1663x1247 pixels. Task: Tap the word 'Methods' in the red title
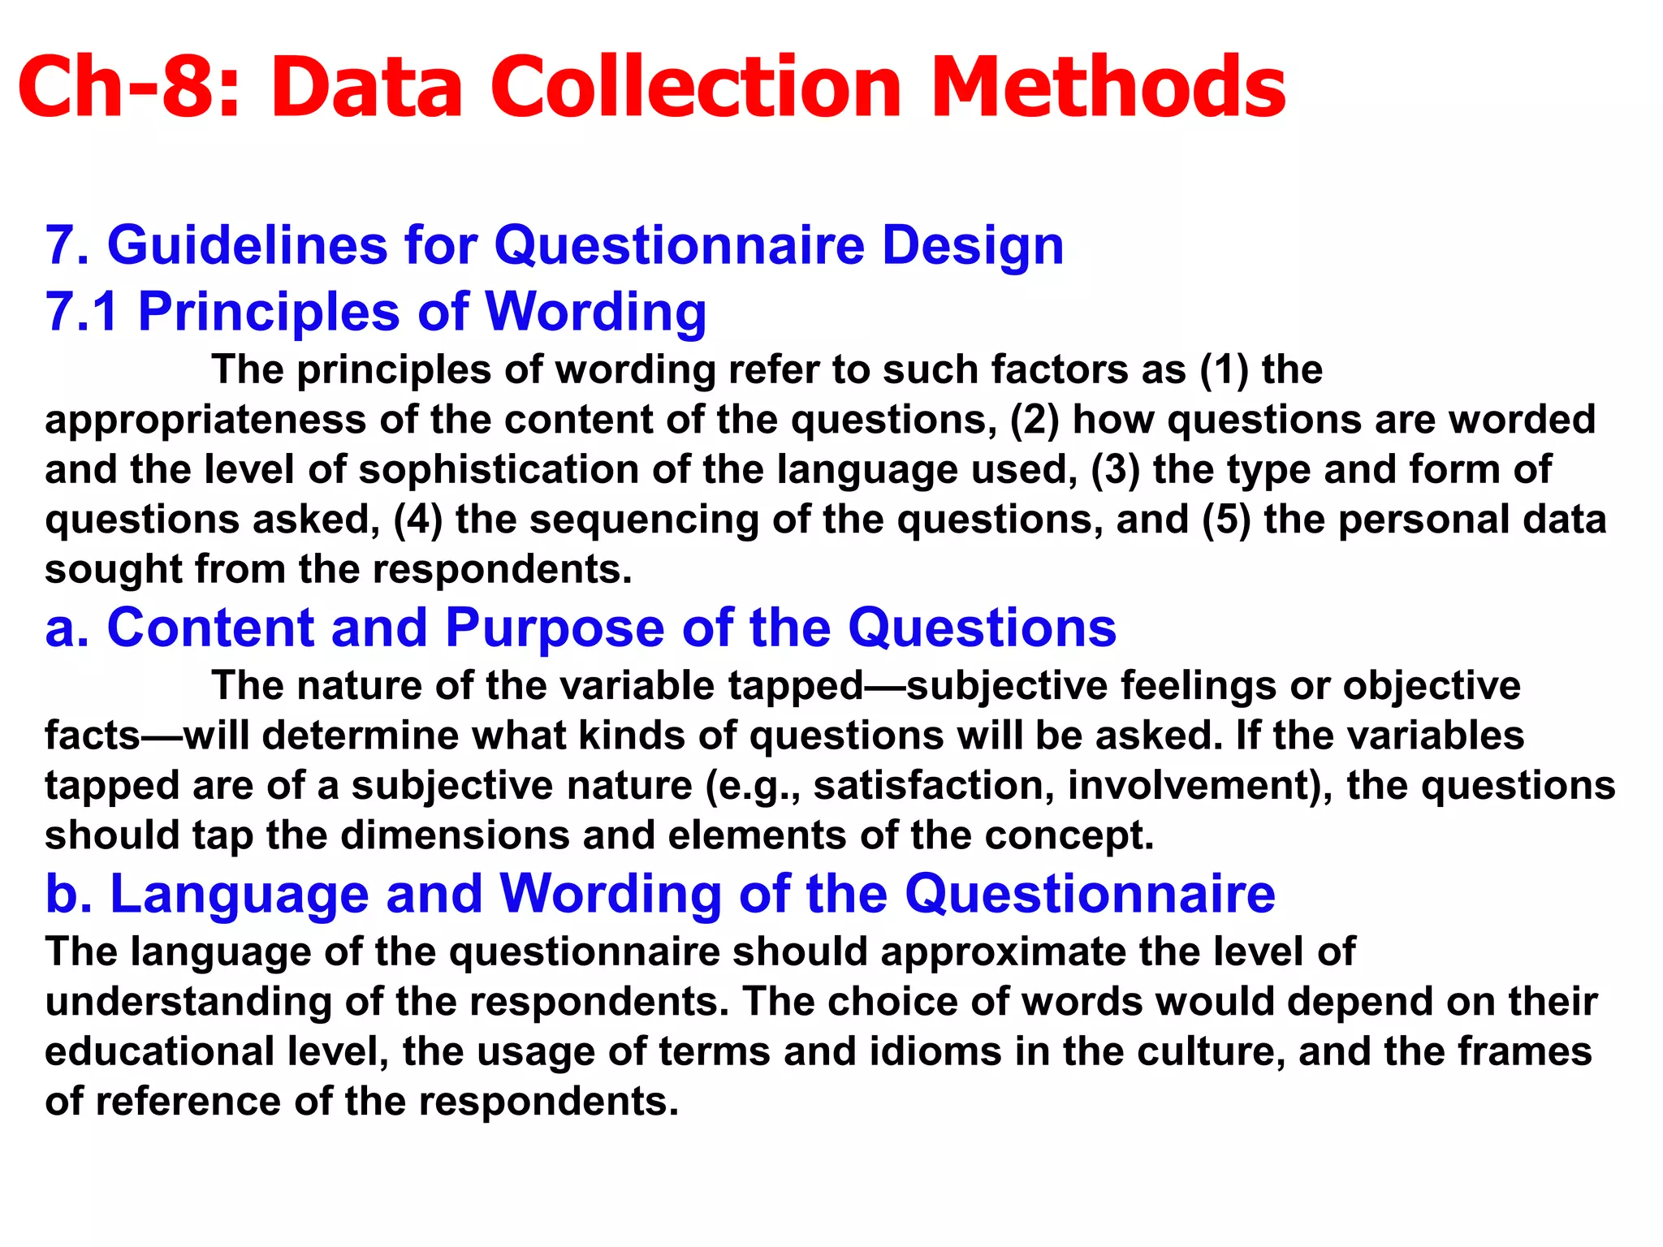pos(1108,87)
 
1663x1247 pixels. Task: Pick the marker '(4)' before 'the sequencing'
pos(418,520)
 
